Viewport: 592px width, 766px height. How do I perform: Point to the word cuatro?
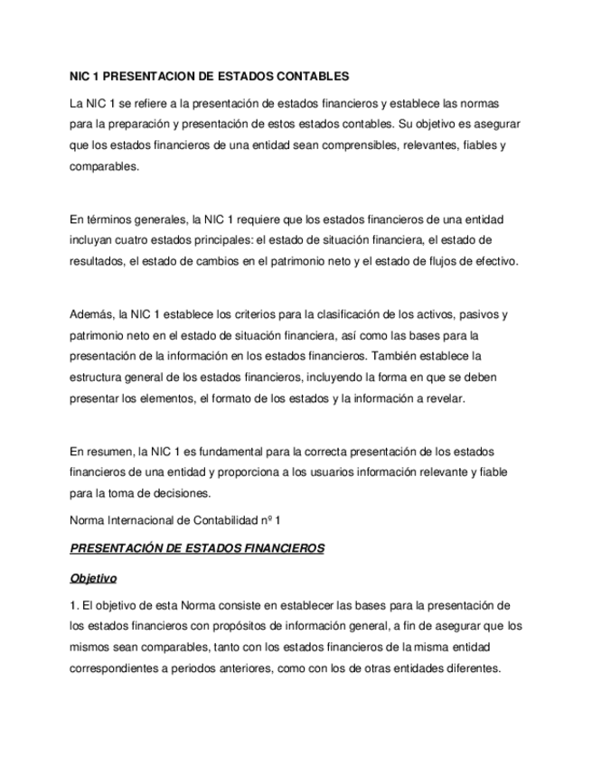coord(130,241)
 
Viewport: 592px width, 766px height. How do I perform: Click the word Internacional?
coord(141,520)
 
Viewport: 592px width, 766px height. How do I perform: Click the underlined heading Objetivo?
coord(94,577)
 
